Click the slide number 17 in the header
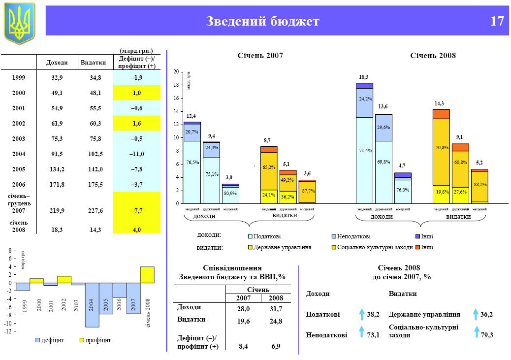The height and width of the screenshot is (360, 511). pos(497,21)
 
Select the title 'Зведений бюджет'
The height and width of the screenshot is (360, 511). pos(262,21)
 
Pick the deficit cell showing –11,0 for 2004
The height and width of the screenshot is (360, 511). pos(137,154)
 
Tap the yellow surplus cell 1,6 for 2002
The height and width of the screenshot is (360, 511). pos(137,124)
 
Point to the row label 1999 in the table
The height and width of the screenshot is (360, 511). pos(19,78)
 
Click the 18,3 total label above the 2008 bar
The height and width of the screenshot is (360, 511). pos(364,77)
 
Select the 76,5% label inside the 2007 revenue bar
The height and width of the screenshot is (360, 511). pos(192,162)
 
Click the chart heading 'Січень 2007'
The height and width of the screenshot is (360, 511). pos(260,56)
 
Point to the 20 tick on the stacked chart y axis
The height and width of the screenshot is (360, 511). pos(176,72)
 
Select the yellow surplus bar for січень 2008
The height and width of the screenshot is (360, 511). pos(147,274)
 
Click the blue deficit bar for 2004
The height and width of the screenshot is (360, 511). pos(92,305)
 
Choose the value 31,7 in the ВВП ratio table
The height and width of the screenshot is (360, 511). pos(276,309)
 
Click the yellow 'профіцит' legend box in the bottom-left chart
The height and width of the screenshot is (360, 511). pos(82,340)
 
